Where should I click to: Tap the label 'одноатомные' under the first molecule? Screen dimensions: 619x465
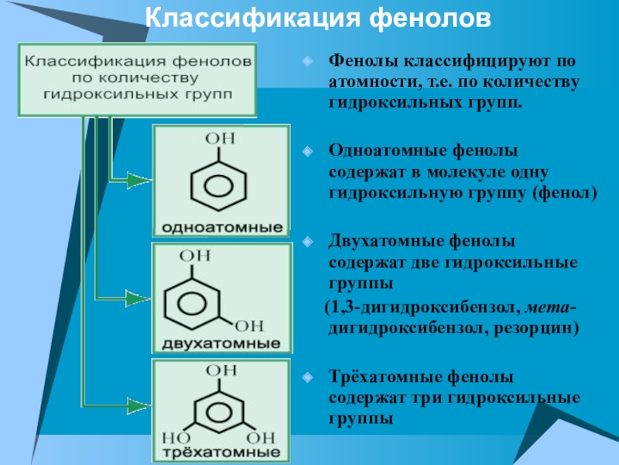point(221,229)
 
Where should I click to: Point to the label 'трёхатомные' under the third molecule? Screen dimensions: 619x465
point(221,451)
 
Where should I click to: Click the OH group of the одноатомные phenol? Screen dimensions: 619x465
point(220,139)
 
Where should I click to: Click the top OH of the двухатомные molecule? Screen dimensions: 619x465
point(195,254)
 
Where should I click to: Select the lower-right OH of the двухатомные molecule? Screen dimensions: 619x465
point(248,324)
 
